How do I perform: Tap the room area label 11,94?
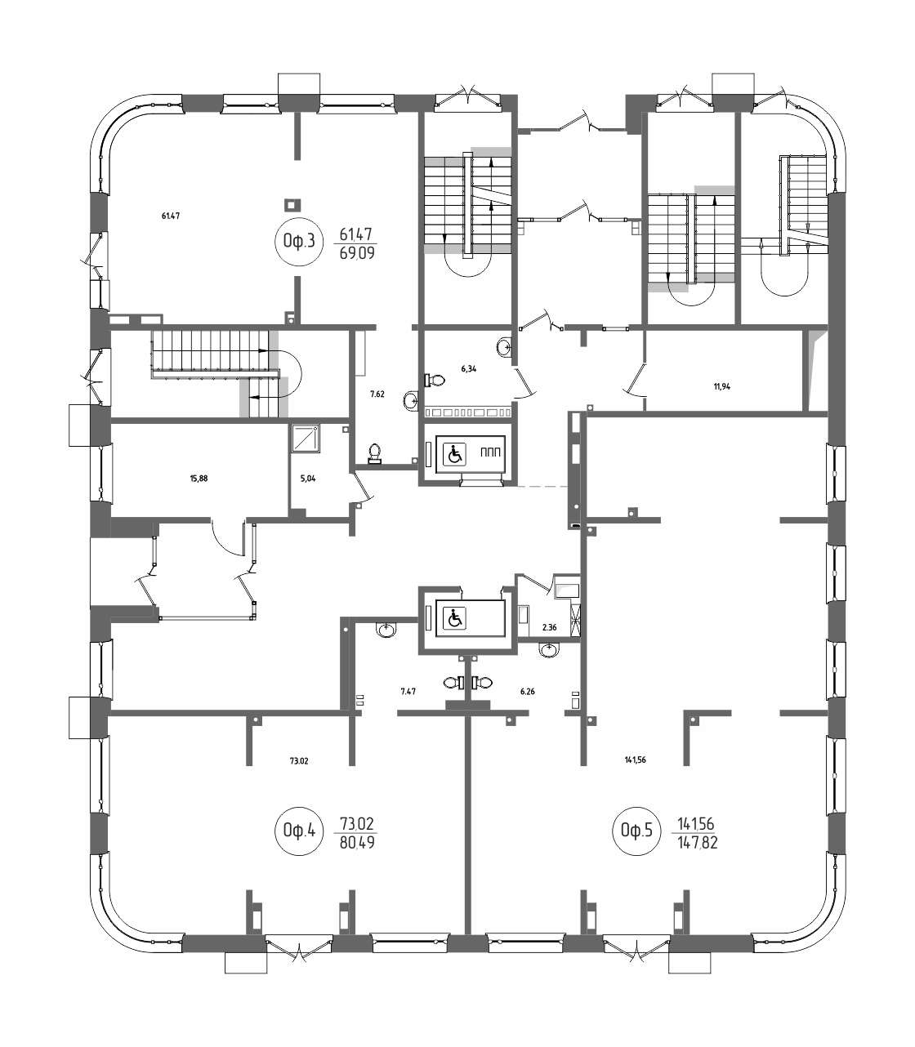(x=722, y=387)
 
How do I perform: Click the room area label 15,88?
(x=199, y=479)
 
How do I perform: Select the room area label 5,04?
(x=307, y=479)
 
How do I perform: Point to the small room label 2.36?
(x=549, y=627)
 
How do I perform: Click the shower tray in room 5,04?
(x=306, y=439)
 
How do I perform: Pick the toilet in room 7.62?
(x=376, y=454)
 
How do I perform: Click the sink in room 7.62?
(x=412, y=400)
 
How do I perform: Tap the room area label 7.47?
(x=408, y=692)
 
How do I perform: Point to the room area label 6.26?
(x=527, y=692)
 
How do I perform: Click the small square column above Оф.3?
(x=292, y=206)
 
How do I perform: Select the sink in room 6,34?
(x=504, y=346)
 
